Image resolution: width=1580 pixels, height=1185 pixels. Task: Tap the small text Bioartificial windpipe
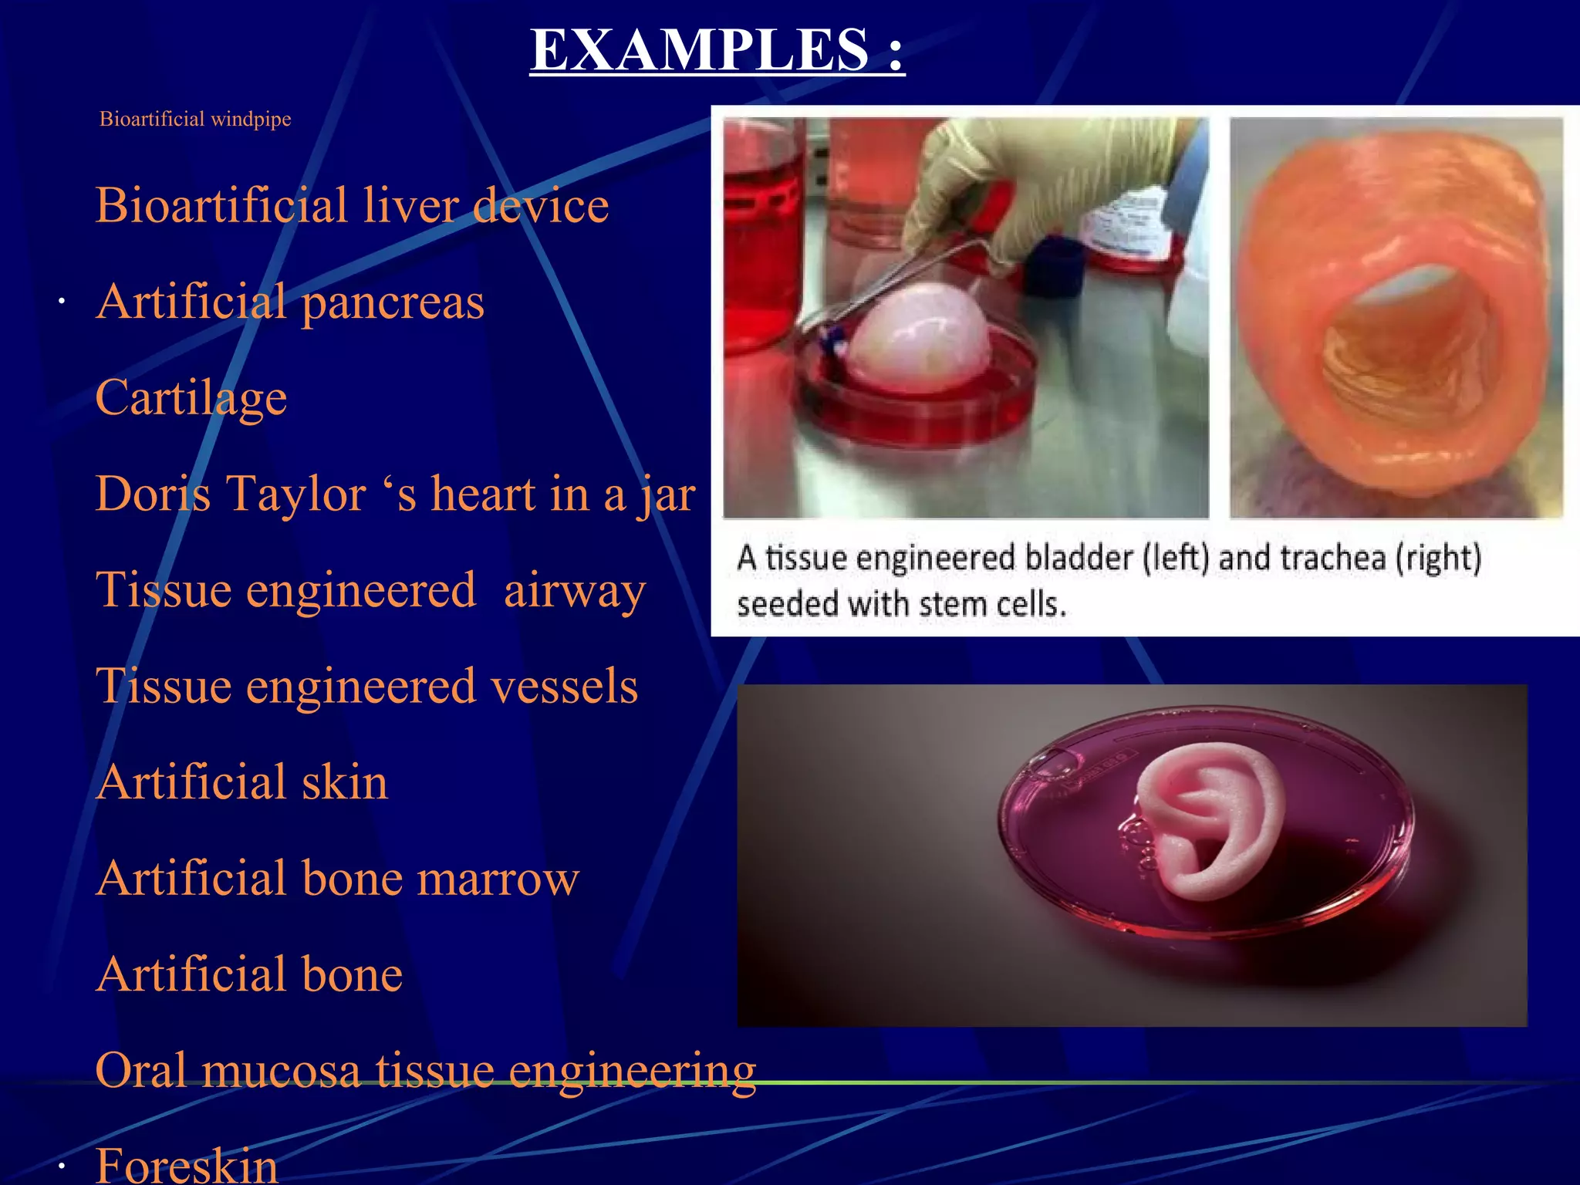coord(195,119)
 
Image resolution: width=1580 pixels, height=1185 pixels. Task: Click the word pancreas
coord(393,302)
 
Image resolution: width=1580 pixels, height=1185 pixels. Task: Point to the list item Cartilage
coord(191,398)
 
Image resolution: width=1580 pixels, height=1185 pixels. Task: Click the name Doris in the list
coord(153,494)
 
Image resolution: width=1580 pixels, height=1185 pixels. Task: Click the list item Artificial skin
coord(241,782)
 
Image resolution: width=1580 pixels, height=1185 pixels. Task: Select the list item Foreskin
coord(187,1165)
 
